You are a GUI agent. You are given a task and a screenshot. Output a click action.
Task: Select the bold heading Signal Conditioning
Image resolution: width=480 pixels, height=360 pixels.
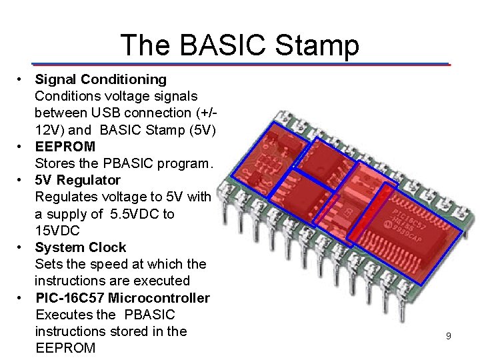click(x=101, y=79)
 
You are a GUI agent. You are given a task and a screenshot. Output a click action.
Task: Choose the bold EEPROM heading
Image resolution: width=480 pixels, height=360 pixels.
click(x=65, y=146)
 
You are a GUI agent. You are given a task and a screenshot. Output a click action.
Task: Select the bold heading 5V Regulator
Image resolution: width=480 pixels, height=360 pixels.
click(x=78, y=180)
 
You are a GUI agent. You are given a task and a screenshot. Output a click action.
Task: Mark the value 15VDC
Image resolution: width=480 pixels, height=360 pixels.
click(x=57, y=231)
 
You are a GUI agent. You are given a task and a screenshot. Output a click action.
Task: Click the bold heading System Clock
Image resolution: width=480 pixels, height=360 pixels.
click(x=80, y=247)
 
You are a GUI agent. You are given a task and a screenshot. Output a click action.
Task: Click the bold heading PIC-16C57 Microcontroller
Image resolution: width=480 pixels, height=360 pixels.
click(x=122, y=297)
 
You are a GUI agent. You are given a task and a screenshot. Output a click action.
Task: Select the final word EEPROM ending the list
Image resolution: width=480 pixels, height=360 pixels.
click(x=65, y=348)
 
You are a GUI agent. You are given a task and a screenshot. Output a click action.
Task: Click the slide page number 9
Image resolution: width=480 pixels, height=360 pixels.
click(x=448, y=337)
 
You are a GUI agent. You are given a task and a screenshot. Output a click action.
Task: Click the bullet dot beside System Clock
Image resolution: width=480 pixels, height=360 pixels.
click(x=21, y=247)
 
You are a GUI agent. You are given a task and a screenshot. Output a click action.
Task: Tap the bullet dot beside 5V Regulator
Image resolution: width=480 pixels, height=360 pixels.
click(x=21, y=180)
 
